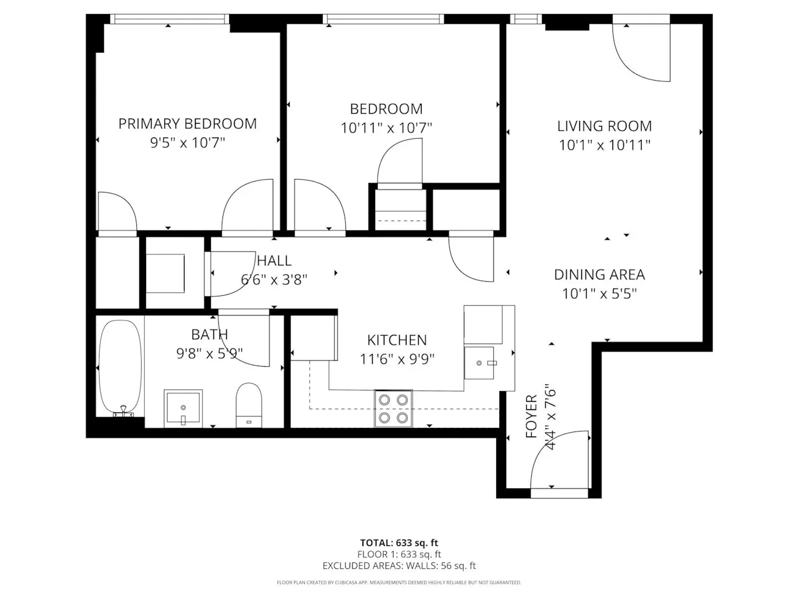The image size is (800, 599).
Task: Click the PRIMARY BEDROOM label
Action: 187,123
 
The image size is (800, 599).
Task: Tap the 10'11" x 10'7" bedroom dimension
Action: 386,128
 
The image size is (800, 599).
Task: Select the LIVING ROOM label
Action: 604,126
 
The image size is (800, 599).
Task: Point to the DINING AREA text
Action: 599,274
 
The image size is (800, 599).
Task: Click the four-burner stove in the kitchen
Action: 393,408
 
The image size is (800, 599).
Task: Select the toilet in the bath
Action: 248,404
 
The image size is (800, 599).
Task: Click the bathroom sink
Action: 182,408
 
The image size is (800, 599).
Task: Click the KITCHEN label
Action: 397,340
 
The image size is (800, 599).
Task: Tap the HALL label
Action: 274,261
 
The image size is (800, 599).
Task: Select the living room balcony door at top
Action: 642,52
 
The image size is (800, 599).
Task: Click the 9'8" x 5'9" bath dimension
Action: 210,353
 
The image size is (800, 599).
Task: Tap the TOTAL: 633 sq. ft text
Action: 399,543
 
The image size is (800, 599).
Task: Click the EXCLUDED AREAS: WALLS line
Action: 399,566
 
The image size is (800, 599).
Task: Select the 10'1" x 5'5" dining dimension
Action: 599,294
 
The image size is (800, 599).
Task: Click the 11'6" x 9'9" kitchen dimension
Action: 397,359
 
